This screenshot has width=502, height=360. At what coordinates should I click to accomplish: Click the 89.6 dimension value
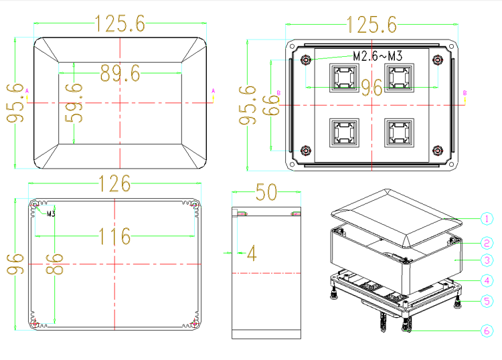120,74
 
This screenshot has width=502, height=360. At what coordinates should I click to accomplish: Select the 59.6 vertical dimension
74,103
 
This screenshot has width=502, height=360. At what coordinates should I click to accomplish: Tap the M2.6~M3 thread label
378,56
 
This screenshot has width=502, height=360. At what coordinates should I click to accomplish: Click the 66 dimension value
271,105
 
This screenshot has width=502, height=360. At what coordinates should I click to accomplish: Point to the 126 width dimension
115,183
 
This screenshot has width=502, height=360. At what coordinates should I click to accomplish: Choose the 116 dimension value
115,236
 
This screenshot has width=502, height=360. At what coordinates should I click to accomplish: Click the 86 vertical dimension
54,264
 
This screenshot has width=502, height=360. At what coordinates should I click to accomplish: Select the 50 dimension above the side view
266,192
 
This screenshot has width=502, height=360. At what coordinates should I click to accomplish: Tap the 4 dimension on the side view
252,253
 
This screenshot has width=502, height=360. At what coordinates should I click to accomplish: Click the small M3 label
51,213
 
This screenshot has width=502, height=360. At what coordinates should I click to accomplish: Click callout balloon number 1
487,219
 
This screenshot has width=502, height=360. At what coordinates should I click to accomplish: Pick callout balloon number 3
487,260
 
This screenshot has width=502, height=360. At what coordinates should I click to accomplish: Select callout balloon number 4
487,280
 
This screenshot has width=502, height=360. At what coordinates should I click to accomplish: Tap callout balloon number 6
487,331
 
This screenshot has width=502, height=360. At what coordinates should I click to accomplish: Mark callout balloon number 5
487,301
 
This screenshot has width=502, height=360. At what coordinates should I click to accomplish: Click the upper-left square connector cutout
344,78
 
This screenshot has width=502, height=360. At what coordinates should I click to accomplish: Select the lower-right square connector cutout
399,133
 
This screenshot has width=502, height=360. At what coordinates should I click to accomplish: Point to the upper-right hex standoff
438,60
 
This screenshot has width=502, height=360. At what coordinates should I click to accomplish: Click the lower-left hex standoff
306,150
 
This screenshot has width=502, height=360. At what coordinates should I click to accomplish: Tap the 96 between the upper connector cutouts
371,88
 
